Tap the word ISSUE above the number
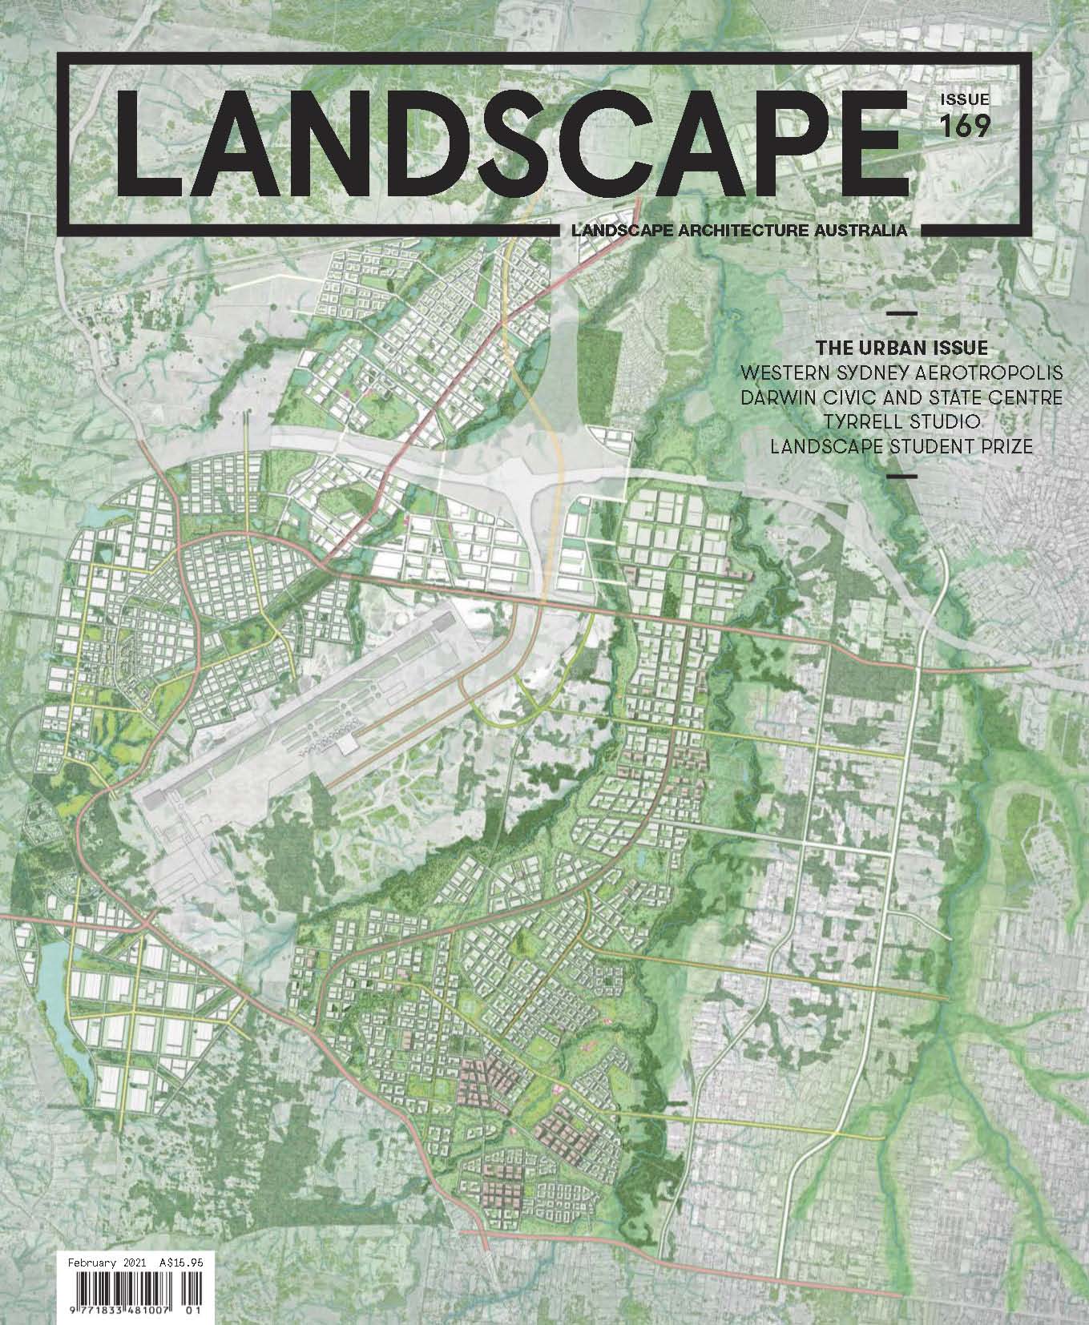click(965, 100)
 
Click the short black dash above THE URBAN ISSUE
click(902, 312)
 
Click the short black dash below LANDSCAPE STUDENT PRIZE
click(902, 477)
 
